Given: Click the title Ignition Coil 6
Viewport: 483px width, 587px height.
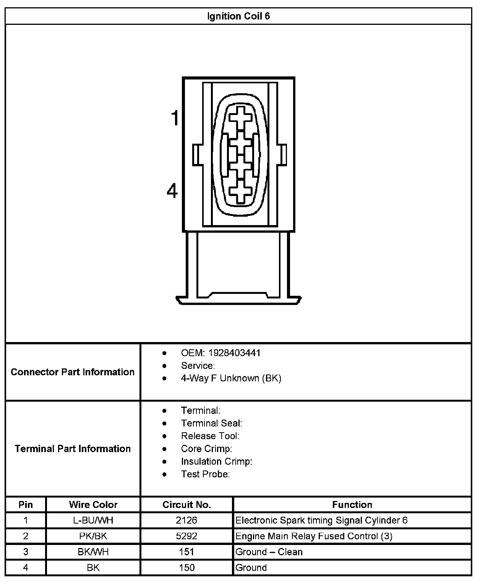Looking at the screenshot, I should [x=238, y=16].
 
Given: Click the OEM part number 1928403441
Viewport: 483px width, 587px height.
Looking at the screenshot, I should [x=240, y=353].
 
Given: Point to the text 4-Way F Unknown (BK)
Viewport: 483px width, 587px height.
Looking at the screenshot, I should [x=231, y=378].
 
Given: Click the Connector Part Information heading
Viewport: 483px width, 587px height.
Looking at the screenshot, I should [x=73, y=372].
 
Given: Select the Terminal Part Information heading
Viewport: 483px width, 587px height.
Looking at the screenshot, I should [x=73, y=448].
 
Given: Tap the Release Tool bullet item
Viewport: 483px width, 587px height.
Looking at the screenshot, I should [x=210, y=436].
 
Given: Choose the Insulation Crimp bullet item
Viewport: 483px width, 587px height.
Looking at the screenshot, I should [x=217, y=461].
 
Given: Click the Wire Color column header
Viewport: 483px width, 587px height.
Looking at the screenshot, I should [x=93, y=504].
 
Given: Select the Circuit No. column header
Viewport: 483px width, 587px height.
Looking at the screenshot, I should [x=186, y=504].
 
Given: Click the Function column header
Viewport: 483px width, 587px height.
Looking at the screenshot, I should [x=352, y=504].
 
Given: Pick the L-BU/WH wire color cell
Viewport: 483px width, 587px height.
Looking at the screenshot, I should [x=93, y=520].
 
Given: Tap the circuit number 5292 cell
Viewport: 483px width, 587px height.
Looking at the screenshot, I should [x=186, y=536].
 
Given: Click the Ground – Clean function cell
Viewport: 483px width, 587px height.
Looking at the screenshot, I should [x=269, y=552].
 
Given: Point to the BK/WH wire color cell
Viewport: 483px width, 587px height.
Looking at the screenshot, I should [x=93, y=552].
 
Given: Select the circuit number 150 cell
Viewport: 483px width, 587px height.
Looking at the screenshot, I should [x=186, y=568].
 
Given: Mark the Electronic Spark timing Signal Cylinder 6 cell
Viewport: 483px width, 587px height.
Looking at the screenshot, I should [x=321, y=520].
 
